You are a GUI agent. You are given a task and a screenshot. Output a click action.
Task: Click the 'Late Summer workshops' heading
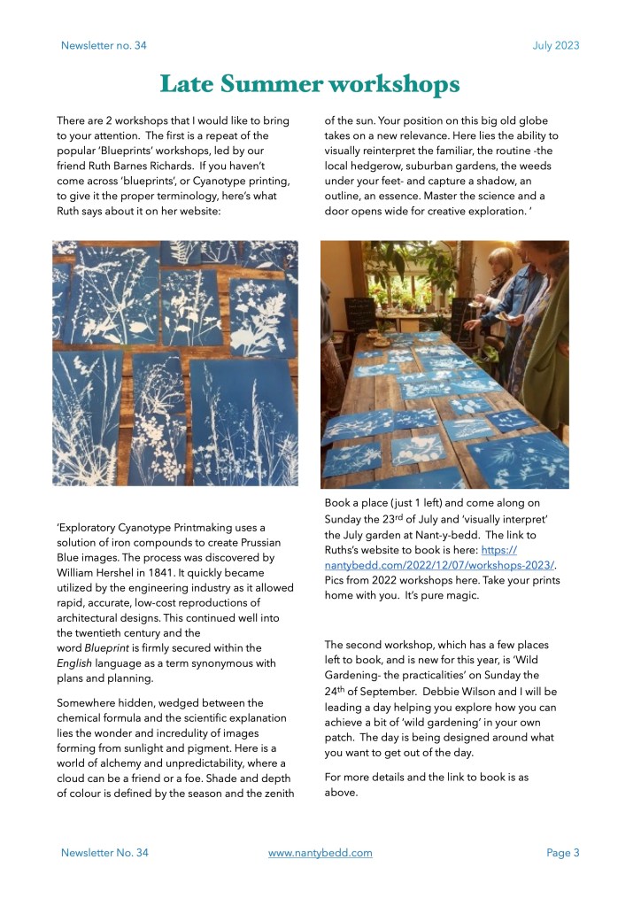point(309,84)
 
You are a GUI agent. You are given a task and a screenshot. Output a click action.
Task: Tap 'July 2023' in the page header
point(556,45)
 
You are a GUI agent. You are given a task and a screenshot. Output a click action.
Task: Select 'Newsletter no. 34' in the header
point(104,45)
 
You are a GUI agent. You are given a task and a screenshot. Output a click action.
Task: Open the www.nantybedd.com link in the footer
point(320,853)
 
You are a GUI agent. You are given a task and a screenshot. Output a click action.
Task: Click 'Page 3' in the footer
point(562,853)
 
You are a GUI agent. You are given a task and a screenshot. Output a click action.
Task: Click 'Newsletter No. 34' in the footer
point(104,853)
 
